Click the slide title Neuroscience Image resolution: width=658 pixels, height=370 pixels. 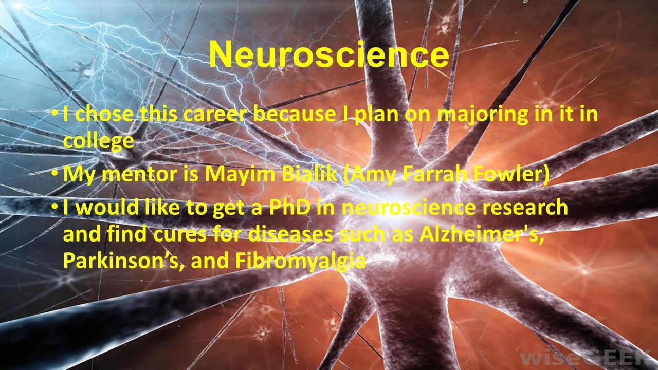pos(329,54)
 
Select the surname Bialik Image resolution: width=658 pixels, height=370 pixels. pos(310,174)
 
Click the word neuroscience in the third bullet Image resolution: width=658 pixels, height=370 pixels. pos(409,207)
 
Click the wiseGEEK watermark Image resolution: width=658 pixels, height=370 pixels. pos(588,358)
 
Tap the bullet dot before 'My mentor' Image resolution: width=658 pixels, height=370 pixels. pos(54,173)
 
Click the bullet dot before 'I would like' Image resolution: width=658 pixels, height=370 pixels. pos(54,207)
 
